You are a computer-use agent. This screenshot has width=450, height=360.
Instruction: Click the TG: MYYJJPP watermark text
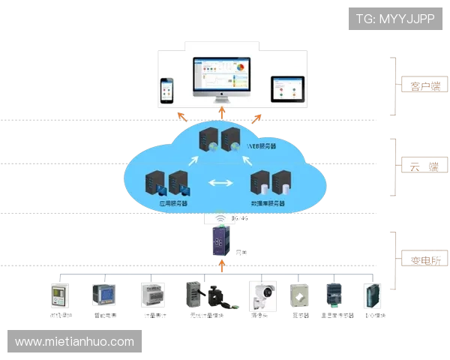tap(395, 18)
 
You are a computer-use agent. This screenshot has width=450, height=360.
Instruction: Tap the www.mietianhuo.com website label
tap(74, 342)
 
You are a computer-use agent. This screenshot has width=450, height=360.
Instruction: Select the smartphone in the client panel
tap(166, 89)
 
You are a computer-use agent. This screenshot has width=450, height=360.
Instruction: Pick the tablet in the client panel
tap(287, 89)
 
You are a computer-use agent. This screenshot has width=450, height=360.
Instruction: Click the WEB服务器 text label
tap(261, 147)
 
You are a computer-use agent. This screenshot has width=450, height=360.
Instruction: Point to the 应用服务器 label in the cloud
tap(173, 203)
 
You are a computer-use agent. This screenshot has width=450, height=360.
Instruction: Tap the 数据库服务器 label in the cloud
tap(268, 203)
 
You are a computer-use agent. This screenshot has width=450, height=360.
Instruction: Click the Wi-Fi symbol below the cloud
tap(221, 220)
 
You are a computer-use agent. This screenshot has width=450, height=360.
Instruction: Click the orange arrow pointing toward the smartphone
tap(181, 115)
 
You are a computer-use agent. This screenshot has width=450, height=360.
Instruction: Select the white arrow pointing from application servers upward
tap(193, 160)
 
